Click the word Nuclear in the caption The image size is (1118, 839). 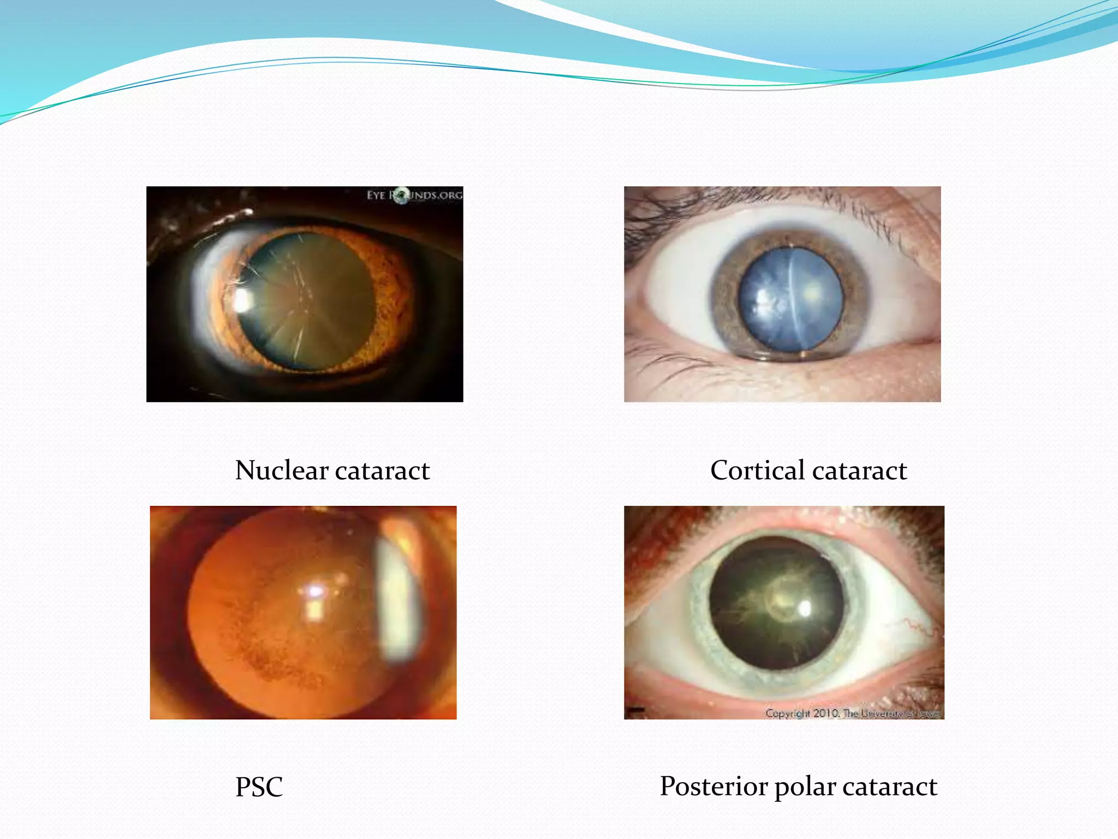pyautogui.click(x=282, y=470)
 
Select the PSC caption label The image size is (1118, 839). pyautogui.click(x=259, y=787)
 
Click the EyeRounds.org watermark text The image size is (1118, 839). pyautogui.click(x=414, y=195)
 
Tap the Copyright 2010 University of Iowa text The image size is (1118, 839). pyautogui.click(x=852, y=713)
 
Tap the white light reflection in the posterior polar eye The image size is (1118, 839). pyautogui.click(x=805, y=608)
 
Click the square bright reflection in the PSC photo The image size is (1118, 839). pyautogui.click(x=313, y=609)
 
